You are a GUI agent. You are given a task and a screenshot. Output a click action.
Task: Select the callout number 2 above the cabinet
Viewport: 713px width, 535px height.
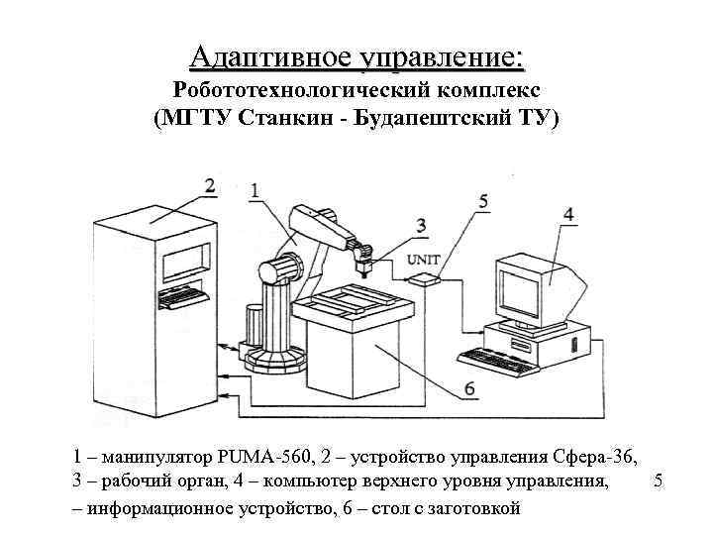coord(209,185)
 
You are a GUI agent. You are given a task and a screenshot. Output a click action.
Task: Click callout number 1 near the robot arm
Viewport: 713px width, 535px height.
coord(255,189)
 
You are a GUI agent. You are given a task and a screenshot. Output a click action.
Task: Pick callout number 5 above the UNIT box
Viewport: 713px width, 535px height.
coord(482,202)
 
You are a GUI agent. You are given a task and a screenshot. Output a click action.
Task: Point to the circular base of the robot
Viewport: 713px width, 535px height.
coord(270,358)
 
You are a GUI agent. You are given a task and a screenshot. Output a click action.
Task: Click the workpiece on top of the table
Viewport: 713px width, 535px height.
coord(356,298)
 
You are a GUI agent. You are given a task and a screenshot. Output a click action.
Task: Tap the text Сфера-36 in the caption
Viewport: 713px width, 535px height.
coord(598,458)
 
